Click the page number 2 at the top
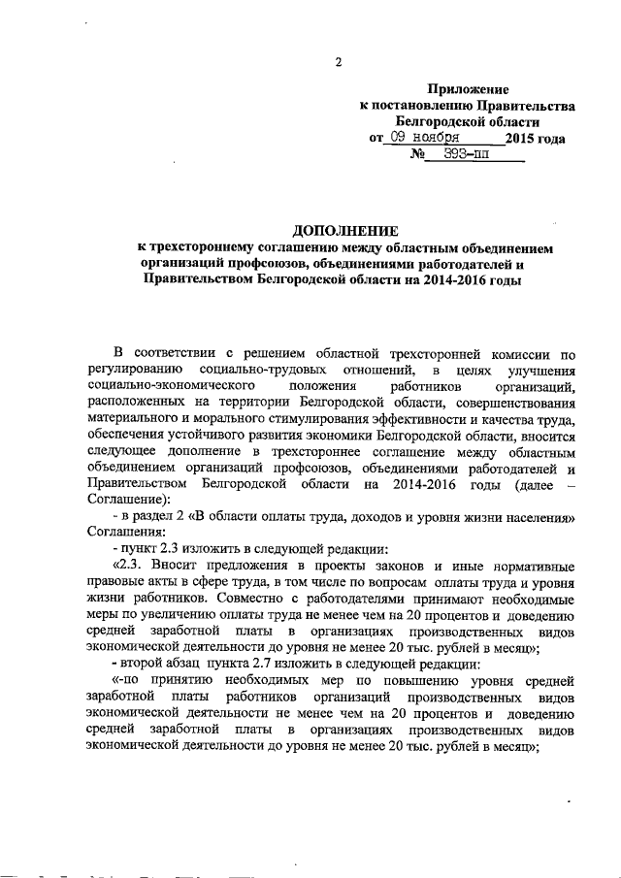click(339, 63)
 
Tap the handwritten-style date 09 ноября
click(424, 139)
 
